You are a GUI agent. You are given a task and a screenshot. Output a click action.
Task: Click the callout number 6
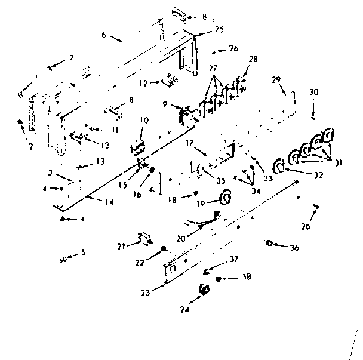103,35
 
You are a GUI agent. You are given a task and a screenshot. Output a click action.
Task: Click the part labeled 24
204,289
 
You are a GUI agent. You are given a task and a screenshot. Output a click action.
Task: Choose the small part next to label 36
270,242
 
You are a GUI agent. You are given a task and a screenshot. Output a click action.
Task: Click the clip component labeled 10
137,146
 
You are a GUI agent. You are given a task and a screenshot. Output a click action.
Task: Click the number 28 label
253,59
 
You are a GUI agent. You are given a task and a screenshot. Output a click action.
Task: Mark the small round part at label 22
163,248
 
